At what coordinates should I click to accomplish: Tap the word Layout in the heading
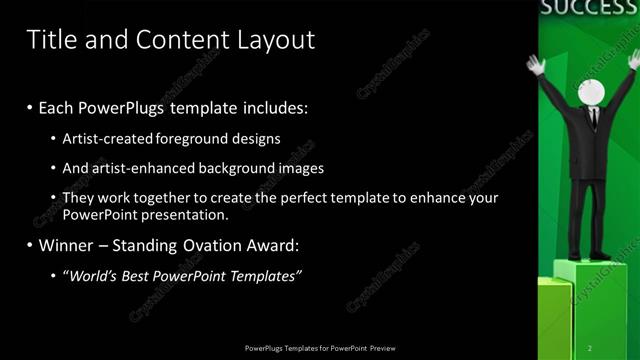click(275, 40)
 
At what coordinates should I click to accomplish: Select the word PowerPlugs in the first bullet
click(131, 106)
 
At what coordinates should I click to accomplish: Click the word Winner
click(67, 244)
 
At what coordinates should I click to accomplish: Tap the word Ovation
click(202, 244)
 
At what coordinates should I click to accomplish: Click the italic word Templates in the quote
click(263, 275)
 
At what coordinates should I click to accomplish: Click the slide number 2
click(589, 348)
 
